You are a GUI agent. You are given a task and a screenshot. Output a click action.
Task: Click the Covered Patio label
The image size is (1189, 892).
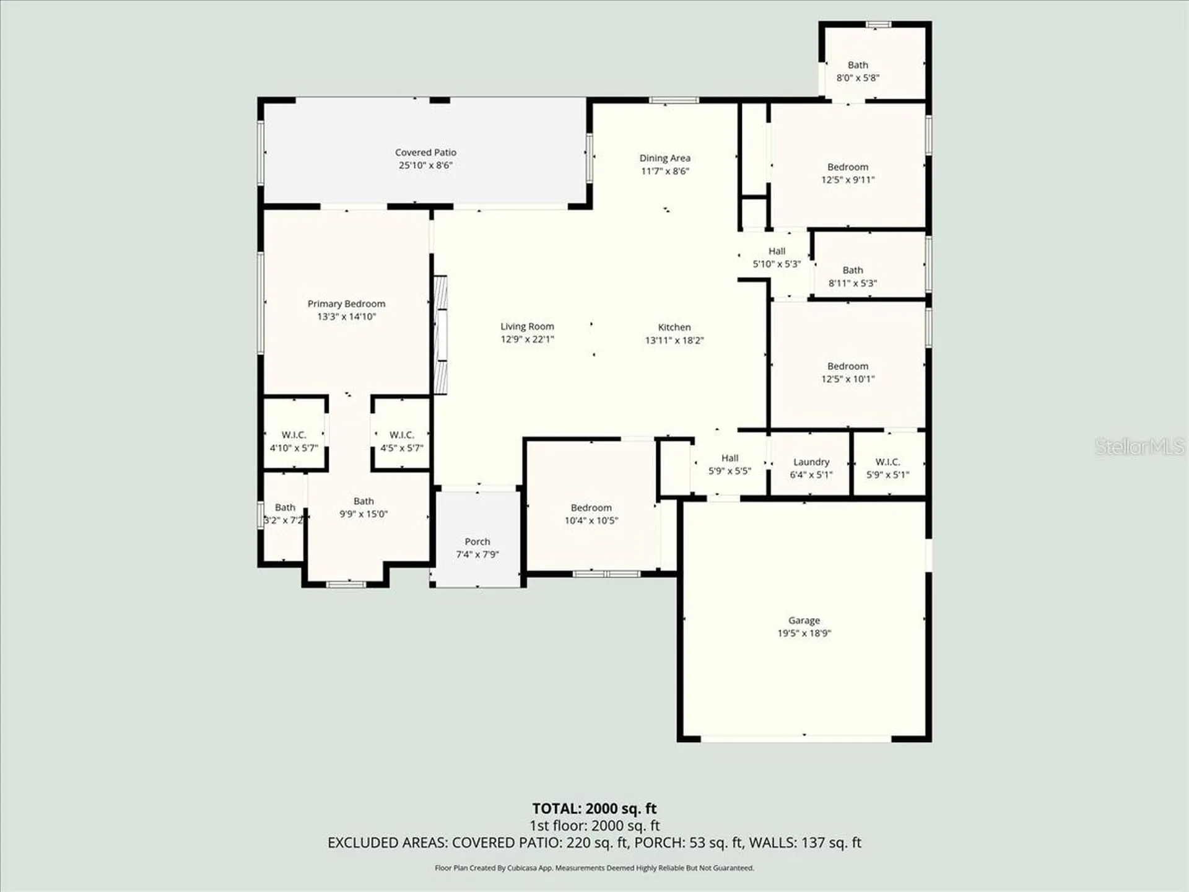425,152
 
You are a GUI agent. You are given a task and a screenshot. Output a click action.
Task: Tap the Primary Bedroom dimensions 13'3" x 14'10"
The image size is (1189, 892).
346,317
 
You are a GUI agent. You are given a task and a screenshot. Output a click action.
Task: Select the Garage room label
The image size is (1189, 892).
804,620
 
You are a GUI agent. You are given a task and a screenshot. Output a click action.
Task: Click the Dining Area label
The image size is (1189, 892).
664,158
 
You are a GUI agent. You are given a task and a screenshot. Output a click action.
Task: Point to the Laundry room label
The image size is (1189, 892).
811,462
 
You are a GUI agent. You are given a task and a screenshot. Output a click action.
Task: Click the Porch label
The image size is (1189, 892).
477,541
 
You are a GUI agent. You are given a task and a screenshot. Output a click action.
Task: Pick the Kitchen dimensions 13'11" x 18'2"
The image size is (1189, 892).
674,340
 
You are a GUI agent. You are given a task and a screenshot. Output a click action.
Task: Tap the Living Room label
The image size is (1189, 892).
527,326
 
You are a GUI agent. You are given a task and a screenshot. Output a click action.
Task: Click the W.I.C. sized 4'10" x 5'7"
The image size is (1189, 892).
294,441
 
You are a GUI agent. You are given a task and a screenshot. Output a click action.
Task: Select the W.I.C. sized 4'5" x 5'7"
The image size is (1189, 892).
401,441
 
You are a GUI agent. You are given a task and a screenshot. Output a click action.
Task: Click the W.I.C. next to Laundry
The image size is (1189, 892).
887,468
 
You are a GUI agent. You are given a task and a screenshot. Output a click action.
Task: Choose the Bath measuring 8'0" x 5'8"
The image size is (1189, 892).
858,71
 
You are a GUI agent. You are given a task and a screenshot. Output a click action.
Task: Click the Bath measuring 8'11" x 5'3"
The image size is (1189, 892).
853,276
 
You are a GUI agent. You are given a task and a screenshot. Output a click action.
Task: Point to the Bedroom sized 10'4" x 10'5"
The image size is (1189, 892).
591,514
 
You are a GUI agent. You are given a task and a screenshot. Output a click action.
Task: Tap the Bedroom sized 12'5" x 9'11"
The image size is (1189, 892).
847,173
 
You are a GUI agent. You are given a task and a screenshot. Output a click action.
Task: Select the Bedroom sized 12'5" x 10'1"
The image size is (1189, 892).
847,372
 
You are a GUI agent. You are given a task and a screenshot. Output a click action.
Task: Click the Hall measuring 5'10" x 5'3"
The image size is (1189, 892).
777,257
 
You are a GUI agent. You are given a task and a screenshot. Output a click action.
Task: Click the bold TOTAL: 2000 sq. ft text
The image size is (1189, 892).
594,808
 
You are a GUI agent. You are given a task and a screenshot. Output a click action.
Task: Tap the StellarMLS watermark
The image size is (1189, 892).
1139,446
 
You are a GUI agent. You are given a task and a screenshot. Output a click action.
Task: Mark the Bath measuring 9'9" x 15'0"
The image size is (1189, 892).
364,507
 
